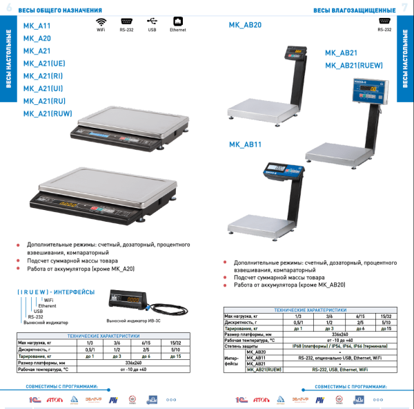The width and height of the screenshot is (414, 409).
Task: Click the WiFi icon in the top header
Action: (101, 21)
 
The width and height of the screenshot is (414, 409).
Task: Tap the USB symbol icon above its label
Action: (152, 21)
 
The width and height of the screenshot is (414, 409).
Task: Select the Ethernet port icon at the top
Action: (177, 21)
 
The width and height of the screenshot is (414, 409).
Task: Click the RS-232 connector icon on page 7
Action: (384, 21)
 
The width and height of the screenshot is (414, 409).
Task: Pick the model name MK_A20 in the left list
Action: (37, 39)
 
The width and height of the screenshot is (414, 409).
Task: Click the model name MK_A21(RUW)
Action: (48, 113)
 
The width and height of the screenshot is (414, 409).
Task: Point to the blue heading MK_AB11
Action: (245, 144)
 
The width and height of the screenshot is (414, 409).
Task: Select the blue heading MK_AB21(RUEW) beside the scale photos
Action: (354, 66)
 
